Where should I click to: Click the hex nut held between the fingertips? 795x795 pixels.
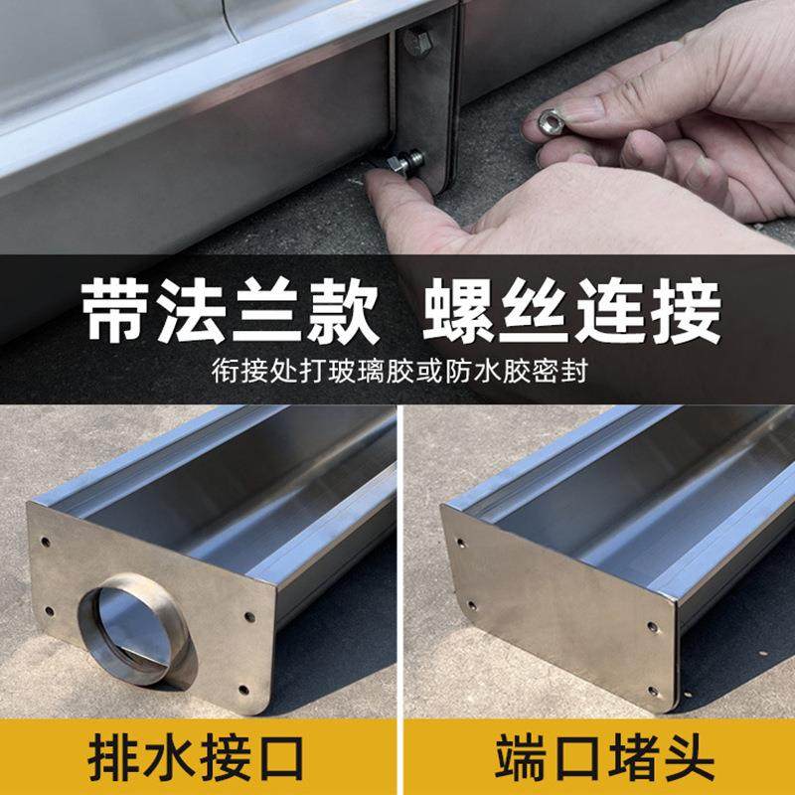[551, 122]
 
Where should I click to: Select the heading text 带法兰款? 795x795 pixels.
[231, 310]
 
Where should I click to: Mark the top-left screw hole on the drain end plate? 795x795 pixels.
[46, 542]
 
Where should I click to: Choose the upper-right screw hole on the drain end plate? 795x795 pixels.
[248, 617]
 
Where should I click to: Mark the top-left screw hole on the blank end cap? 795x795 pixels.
[459, 543]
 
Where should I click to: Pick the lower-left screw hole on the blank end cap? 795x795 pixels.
[471, 604]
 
